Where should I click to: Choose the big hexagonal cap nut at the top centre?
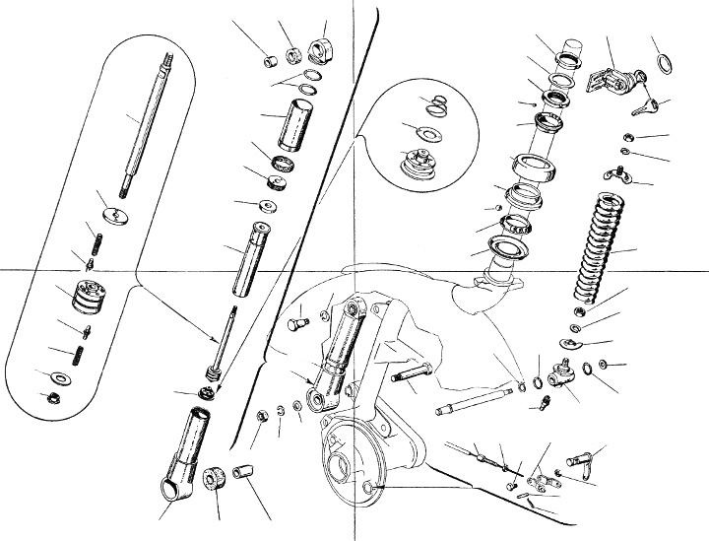pyautogui.click(x=322, y=45)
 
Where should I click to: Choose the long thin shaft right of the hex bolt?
pyautogui.click(x=473, y=398)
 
